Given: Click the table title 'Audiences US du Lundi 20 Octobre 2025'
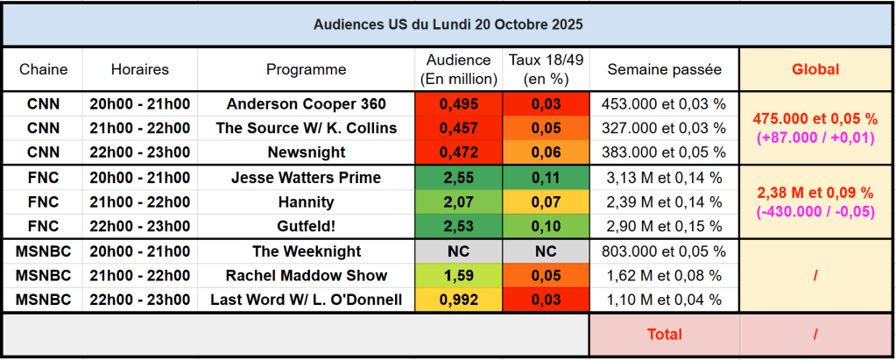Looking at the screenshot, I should tap(448, 25).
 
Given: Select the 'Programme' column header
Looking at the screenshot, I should tap(306, 69).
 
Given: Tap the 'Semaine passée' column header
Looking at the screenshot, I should tap(664, 69).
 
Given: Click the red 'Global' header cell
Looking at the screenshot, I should tap(815, 69).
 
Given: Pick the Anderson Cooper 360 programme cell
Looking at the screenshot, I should tap(306, 104).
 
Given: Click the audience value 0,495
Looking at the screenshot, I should tap(458, 104).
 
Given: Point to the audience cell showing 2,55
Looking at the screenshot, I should tap(458, 178).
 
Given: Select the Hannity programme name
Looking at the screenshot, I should tap(306, 202).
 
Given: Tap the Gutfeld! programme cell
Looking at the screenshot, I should tap(306, 227).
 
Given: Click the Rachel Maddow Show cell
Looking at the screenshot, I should tap(306, 276).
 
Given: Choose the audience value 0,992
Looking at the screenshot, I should tap(458, 300).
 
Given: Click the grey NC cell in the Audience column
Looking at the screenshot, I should tap(458, 251).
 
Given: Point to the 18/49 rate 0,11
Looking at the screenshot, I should tap(546, 178).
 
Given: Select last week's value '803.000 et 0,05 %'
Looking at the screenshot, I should tap(664, 251).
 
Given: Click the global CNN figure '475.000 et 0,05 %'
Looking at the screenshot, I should tap(815, 118).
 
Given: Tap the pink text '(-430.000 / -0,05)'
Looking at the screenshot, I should tap(815, 210).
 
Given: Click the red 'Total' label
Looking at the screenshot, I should tap(664, 334).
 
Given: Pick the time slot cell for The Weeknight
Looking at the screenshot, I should tap(140, 251).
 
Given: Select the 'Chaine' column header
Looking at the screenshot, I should tap(43, 69).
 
